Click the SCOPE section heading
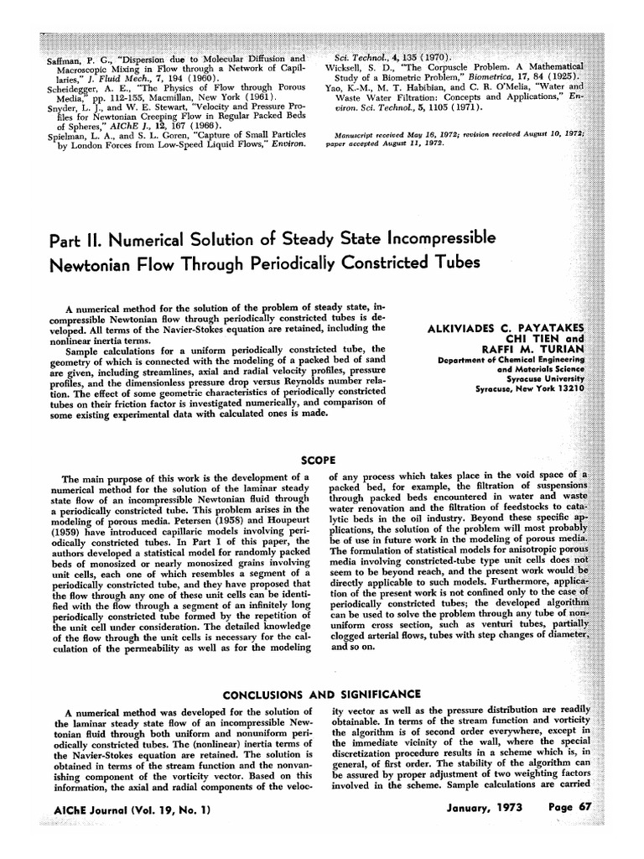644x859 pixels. [x=319, y=460]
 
